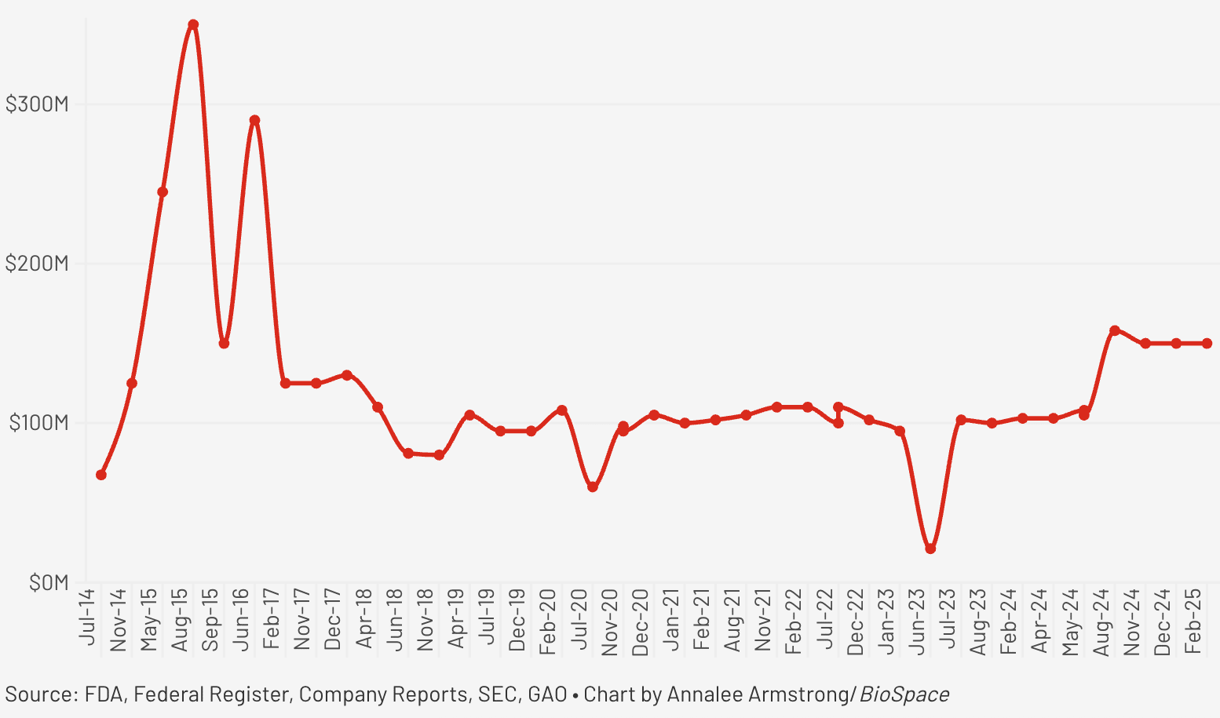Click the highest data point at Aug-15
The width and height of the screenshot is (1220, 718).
pyautogui.click(x=193, y=25)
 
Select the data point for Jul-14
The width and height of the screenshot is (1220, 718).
pyautogui.click(x=101, y=475)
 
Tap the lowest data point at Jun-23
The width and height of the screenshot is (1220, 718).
pyautogui.click(x=930, y=549)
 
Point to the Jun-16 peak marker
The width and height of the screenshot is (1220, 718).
pyautogui.click(x=254, y=121)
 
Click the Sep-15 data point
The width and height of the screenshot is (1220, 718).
pyautogui.click(x=224, y=344)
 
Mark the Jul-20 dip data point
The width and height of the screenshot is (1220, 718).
pyautogui.click(x=593, y=487)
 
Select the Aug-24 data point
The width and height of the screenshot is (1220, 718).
pyautogui.click(x=1115, y=330)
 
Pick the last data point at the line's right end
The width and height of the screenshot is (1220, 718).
pyautogui.click(x=1207, y=344)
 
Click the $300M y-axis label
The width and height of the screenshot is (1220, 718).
pyautogui.click(x=37, y=104)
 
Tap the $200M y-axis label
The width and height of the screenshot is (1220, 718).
pyautogui.click(x=37, y=264)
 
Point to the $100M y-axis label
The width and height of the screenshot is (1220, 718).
pyautogui.click(x=38, y=424)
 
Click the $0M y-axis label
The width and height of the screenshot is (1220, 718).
pyautogui.click(x=49, y=583)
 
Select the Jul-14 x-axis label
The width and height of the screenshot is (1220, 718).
pyautogui.click(x=88, y=617)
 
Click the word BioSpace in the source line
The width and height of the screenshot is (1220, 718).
pyautogui.click(x=904, y=694)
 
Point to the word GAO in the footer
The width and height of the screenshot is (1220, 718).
pyautogui.click(x=547, y=694)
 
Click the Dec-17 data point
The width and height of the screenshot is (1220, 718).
pyautogui.click(x=347, y=375)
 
